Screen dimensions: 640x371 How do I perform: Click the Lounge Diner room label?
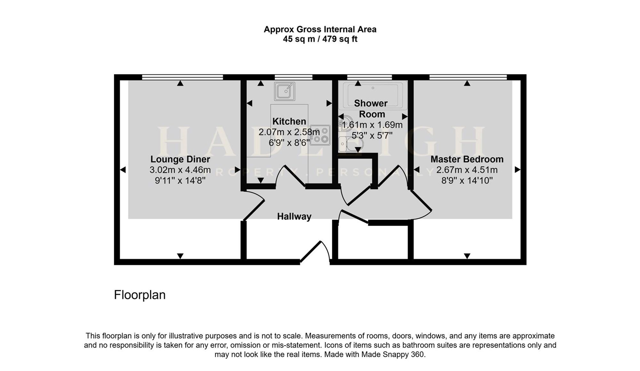tap(180, 159)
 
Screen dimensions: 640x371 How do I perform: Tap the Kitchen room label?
tap(289, 121)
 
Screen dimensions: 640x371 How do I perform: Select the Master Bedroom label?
tap(467, 159)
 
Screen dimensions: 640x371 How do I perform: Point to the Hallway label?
tap(294, 217)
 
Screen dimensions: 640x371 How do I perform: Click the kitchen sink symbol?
tap(284, 91)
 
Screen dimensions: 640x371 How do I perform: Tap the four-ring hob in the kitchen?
tap(320, 135)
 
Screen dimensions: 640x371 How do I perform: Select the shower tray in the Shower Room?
tap(373, 95)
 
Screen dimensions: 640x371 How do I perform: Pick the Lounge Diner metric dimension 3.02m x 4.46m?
tap(180, 170)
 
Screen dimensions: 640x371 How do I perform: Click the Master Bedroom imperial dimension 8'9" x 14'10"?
tap(467, 181)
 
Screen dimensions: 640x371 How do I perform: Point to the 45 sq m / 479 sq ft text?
tap(320, 39)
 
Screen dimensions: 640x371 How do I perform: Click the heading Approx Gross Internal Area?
tap(320, 29)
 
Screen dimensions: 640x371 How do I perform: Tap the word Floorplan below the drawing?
tap(140, 295)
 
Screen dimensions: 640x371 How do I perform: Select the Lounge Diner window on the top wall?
tap(182, 77)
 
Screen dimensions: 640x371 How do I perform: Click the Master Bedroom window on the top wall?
tap(468, 77)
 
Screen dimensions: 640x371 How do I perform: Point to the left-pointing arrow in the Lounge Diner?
tap(123, 170)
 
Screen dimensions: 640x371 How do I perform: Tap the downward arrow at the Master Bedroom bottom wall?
tap(467, 256)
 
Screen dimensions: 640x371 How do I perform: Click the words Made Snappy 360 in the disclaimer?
tap(393, 355)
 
